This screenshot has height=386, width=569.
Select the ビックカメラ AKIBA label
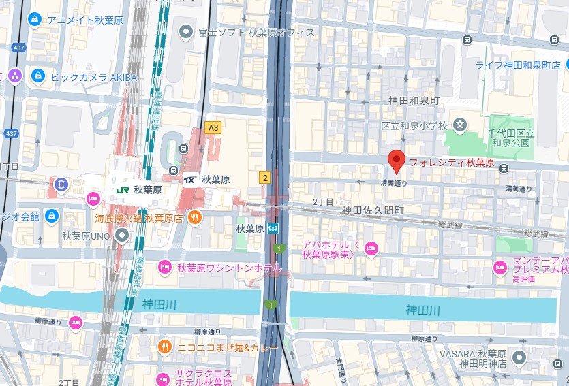(94, 77)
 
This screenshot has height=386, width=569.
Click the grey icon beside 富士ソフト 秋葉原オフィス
(185, 31)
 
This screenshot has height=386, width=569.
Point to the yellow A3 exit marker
(214, 127)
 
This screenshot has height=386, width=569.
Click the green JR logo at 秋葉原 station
(123, 190)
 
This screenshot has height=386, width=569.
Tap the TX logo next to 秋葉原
(191, 180)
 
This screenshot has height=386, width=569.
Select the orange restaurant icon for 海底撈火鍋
(195, 218)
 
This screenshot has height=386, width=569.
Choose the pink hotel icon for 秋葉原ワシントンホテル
(164, 268)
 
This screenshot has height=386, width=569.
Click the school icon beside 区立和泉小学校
(460, 125)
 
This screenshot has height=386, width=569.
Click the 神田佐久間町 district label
(373, 210)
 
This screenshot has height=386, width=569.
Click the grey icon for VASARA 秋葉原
(519, 357)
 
